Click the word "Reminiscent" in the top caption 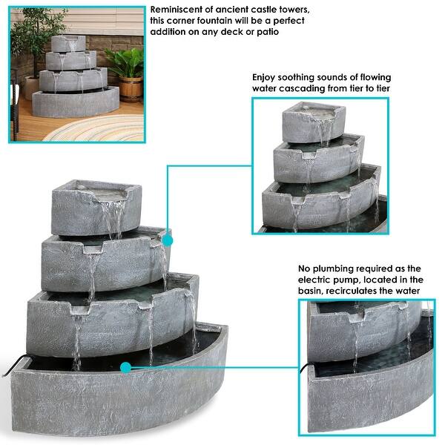177,10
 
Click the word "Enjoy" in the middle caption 263,78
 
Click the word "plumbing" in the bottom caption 331,269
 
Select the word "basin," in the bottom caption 310,291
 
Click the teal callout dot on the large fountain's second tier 167,241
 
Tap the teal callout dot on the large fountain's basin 125,368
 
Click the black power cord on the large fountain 13,366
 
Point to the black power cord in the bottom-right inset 304,368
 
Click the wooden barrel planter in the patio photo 131,89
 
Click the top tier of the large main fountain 96,208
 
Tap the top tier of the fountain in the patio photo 68,44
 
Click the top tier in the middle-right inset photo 314,122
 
